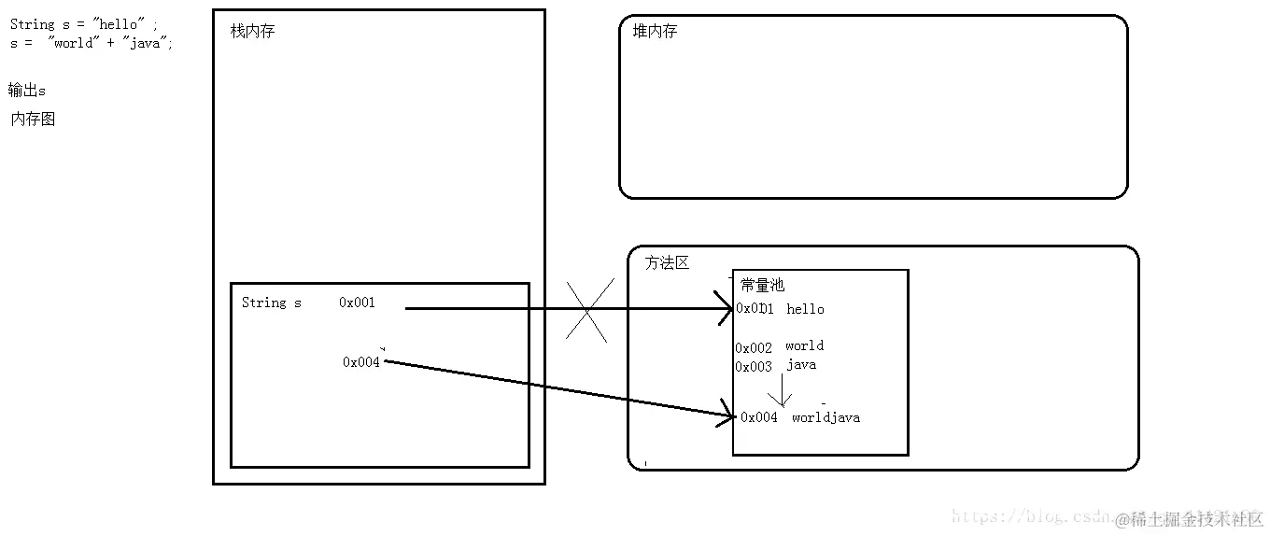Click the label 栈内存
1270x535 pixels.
pyautogui.click(x=252, y=32)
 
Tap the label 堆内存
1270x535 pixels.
pyautogui.click(x=655, y=32)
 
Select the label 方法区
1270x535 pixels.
pyautogui.click(x=667, y=263)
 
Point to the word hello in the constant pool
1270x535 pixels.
pyautogui.click(x=805, y=309)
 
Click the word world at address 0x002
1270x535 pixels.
pyautogui.click(x=804, y=346)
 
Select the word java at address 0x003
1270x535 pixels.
pyautogui.click(x=801, y=365)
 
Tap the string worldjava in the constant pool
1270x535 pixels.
pyautogui.click(x=825, y=418)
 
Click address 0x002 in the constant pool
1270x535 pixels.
pyautogui.click(x=754, y=348)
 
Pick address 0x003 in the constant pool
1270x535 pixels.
pyautogui.click(x=754, y=367)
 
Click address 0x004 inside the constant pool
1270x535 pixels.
pyautogui.click(x=759, y=418)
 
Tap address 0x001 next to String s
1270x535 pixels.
pyautogui.click(x=357, y=303)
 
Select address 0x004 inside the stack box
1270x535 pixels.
pyautogui.click(x=361, y=362)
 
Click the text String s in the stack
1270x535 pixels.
pyautogui.click(x=272, y=303)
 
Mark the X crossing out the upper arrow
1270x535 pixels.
pyautogui.click(x=587, y=309)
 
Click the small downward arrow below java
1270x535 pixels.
pyautogui.click(x=780, y=390)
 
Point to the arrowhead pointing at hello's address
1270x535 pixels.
pyautogui.click(x=727, y=309)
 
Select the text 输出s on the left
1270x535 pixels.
pyautogui.click(x=27, y=91)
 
